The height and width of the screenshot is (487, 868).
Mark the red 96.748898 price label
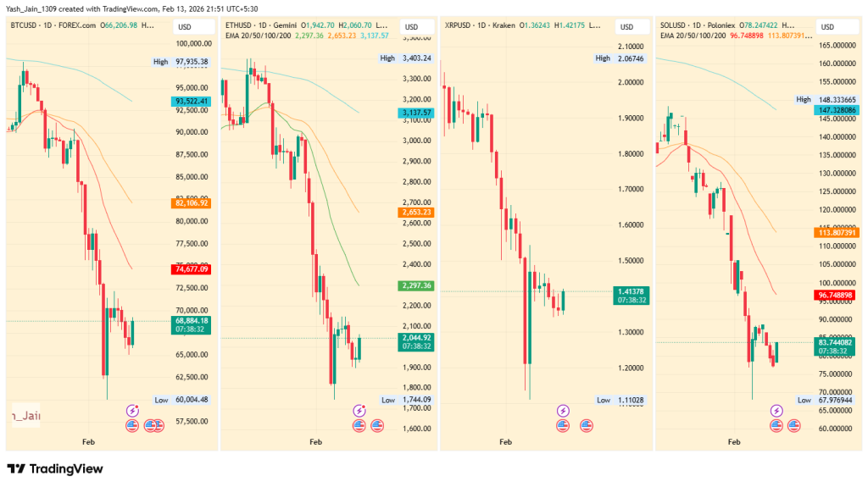[x=836, y=296]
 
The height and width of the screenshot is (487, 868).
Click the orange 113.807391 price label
[x=836, y=232]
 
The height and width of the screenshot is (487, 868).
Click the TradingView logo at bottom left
[x=54, y=468]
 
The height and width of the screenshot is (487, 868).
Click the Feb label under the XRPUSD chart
[x=506, y=442]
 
